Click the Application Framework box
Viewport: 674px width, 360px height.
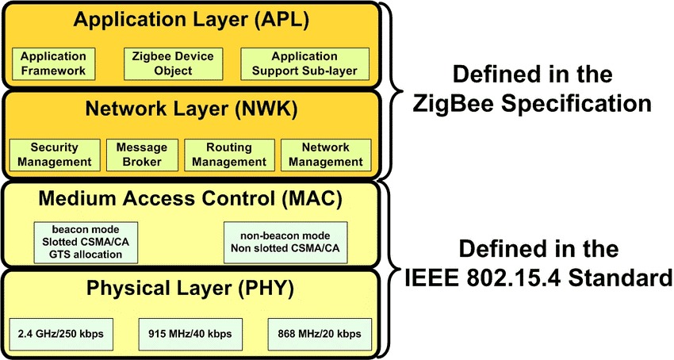pos(53,64)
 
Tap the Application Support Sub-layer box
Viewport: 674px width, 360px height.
pos(304,64)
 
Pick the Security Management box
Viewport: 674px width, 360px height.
pos(55,155)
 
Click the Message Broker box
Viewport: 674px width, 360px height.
pos(142,155)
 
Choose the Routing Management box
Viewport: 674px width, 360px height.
pos(229,155)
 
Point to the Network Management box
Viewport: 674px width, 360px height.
pos(324,155)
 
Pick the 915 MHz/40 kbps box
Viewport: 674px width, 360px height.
pos(190,334)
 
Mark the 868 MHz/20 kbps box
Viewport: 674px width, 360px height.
pos(320,334)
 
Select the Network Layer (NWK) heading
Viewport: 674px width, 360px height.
pos(190,110)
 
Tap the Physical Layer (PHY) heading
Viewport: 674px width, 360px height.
pos(190,288)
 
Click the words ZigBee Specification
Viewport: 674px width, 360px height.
pos(532,104)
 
